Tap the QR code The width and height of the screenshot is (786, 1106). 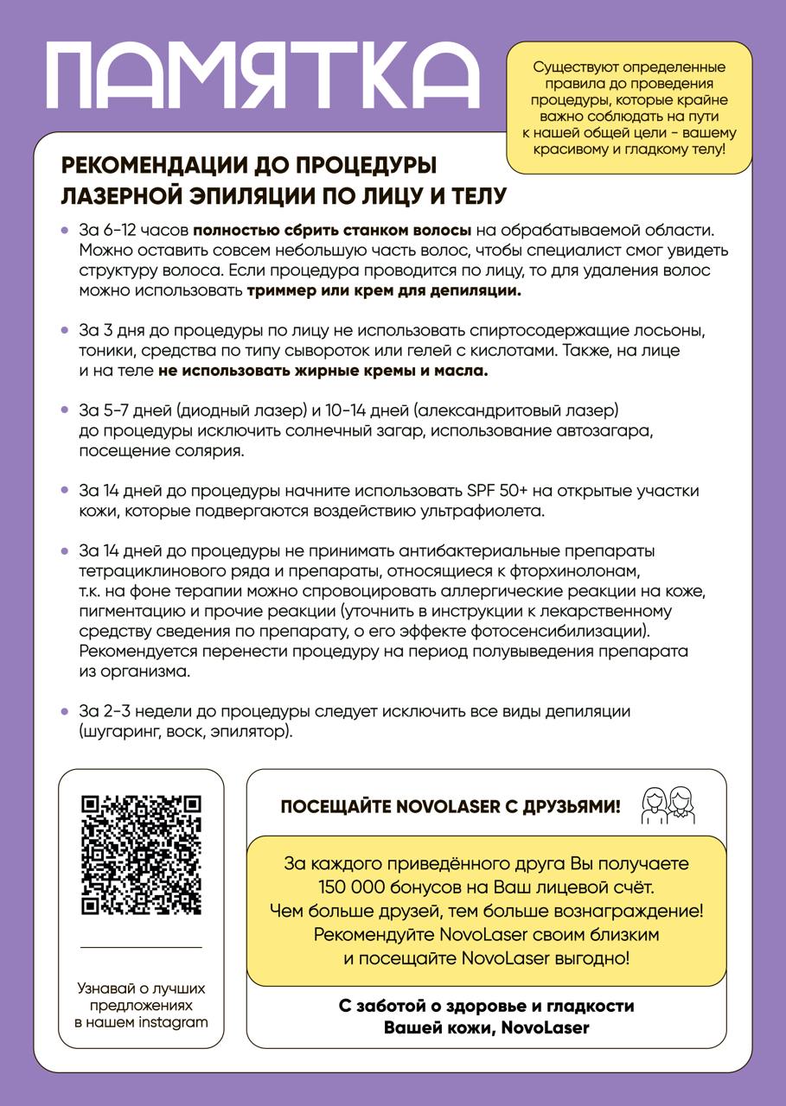[x=141, y=855]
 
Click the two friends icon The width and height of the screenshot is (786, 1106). [x=668, y=804]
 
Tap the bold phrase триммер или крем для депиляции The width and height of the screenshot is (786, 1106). [x=384, y=290]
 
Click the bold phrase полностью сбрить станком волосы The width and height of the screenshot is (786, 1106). [x=332, y=231]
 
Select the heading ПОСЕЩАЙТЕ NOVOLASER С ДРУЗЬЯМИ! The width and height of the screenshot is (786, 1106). [x=451, y=807]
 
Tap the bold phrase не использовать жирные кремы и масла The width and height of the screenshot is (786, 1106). [x=323, y=371]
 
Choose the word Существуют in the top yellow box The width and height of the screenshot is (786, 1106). [x=573, y=67]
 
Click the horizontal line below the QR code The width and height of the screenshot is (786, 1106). [x=141, y=947]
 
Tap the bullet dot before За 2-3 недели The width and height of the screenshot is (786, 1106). [x=65, y=711]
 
